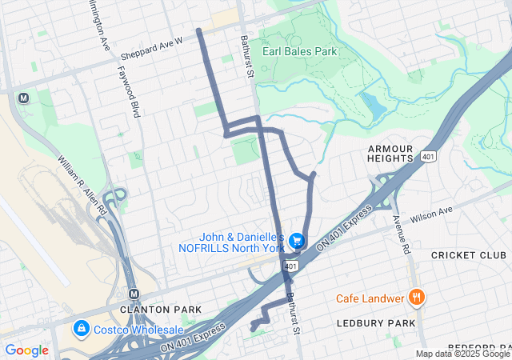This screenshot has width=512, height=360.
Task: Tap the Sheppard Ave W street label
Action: (x=152, y=48)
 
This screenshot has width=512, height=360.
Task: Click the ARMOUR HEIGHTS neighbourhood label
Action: (x=390, y=154)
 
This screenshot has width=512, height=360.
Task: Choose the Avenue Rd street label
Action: (x=402, y=234)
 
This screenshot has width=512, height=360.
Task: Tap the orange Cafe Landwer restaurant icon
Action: (x=416, y=298)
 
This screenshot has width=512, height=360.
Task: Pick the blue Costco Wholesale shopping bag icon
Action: (x=81, y=329)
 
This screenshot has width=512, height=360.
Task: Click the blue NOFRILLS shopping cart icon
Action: (x=297, y=240)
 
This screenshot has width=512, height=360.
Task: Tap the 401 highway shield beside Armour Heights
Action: (x=430, y=158)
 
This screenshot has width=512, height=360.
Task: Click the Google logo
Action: (x=26, y=350)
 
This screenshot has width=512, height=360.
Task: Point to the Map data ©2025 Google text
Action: (x=462, y=354)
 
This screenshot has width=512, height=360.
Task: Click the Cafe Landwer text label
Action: (x=370, y=298)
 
